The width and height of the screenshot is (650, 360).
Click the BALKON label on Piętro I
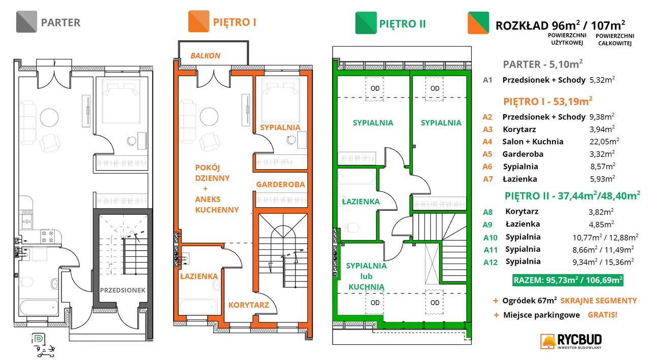(205, 55)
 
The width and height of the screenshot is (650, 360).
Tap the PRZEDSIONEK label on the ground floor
(122, 290)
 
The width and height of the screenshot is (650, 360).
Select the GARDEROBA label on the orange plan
(280, 184)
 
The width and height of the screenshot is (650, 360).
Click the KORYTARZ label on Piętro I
(249, 305)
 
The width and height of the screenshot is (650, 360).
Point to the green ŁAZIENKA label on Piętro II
(361, 201)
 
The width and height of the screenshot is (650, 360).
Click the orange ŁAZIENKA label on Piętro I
(199, 276)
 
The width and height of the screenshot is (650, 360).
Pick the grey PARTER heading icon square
(26, 21)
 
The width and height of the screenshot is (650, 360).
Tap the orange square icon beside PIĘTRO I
(199, 21)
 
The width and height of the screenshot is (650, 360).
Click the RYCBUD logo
(571, 341)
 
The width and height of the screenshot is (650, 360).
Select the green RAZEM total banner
(568, 280)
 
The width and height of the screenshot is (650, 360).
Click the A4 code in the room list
(487, 142)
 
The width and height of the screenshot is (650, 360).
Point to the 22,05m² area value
(604, 141)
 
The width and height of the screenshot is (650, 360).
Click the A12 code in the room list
(491, 262)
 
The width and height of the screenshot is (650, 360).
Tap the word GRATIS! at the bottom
(602, 315)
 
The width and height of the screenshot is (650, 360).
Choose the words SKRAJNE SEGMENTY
(598, 301)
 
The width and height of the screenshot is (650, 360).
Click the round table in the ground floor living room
(49, 117)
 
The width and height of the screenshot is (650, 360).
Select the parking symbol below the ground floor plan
(39, 339)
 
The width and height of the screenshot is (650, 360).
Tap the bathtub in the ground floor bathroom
(39, 308)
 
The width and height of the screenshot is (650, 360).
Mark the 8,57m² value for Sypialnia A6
(602, 166)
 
